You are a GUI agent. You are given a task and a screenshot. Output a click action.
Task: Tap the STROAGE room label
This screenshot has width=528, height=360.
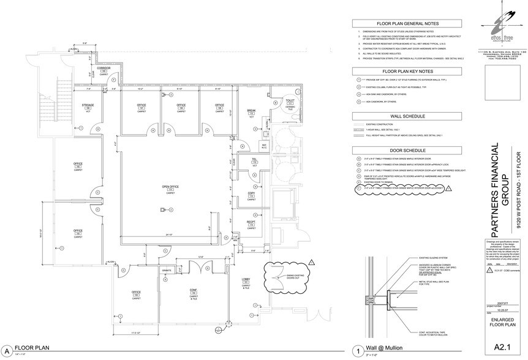click(x=88, y=106)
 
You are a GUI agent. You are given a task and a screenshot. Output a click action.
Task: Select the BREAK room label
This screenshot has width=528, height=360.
click(x=251, y=110)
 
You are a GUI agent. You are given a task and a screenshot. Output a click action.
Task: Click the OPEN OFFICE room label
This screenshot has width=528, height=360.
click(x=170, y=186)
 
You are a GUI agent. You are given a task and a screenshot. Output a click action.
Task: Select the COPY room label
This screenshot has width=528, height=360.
click(x=251, y=193)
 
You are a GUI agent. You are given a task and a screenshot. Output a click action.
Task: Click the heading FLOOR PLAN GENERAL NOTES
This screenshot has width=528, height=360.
click(x=407, y=23)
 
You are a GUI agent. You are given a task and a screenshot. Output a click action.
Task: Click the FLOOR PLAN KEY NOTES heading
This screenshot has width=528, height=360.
click(x=407, y=71)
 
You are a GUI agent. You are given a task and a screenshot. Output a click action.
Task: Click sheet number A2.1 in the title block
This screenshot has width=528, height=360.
click(x=502, y=348)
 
